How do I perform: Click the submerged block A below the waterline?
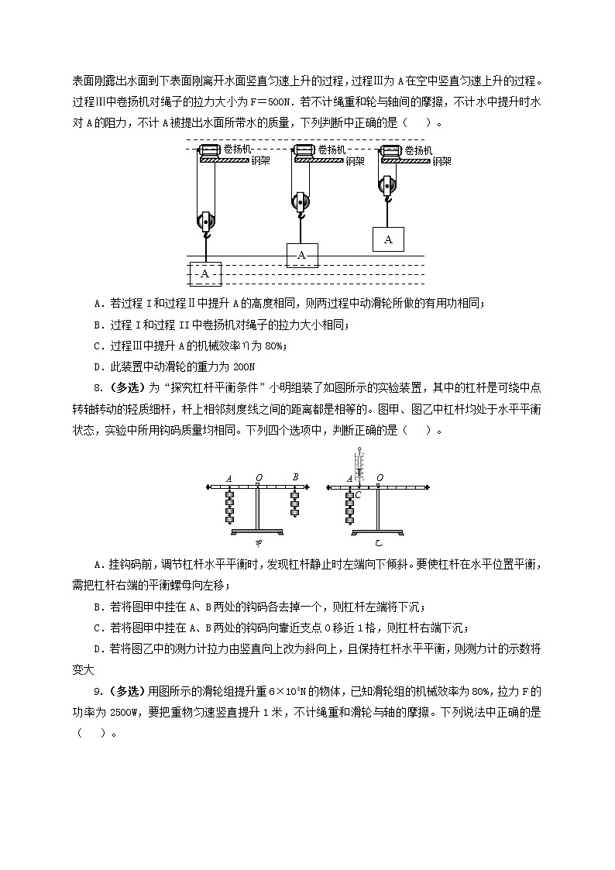(x=205, y=273)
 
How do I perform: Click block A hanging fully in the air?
(x=388, y=239)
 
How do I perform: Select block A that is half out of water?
(x=302, y=255)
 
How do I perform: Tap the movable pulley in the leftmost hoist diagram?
(x=206, y=222)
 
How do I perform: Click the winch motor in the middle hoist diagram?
(x=302, y=150)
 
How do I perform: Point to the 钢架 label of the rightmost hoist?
(x=441, y=161)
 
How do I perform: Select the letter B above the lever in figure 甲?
(x=295, y=477)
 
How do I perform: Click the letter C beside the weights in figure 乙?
(x=358, y=493)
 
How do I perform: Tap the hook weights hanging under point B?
(x=295, y=502)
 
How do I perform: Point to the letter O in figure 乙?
(x=380, y=478)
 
